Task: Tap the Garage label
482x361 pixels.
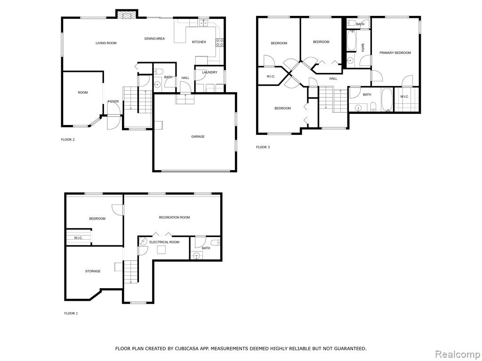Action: pos(198,137)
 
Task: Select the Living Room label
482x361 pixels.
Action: pos(106,43)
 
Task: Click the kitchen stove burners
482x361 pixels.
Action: pos(219,42)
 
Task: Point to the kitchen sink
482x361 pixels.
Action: pos(203,23)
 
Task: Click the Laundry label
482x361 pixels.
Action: pos(209,72)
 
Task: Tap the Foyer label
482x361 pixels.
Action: pos(113,102)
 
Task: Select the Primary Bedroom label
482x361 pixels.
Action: pos(395,53)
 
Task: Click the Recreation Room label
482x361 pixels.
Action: pos(174,217)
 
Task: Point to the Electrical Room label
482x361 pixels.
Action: pos(164,242)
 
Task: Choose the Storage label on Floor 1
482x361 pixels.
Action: pos(93,271)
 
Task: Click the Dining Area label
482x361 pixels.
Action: pos(154,39)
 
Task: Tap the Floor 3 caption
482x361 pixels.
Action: pos(263,147)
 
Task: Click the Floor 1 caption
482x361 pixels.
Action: pos(71,314)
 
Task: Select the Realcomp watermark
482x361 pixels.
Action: pos(458,354)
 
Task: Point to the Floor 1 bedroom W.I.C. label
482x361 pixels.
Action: pos(78,238)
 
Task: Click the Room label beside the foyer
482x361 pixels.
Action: pos(83,93)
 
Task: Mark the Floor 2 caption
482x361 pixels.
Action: pos(68,140)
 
